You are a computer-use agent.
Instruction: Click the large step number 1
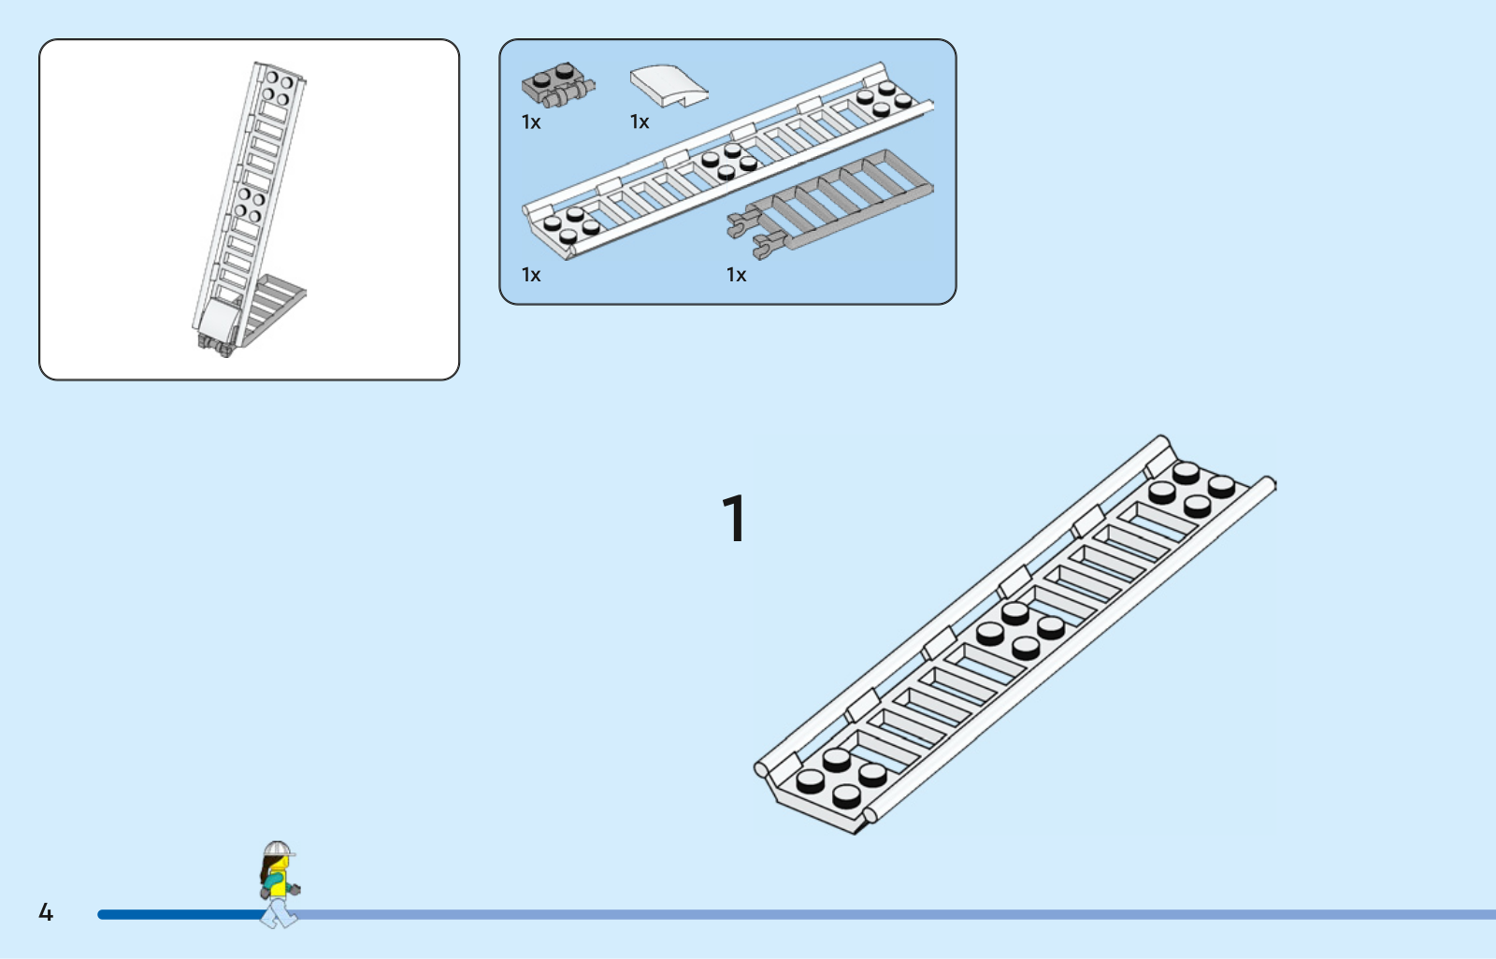pos(735,518)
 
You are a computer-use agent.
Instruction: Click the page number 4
pos(46,911)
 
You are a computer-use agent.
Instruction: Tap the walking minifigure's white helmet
pos(279,849)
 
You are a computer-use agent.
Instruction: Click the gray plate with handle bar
pos(558,85)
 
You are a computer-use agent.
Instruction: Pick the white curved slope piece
pos(669,85)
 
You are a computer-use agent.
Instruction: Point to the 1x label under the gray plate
pos(531,122)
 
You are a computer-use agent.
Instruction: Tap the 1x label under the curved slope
pos(640,122)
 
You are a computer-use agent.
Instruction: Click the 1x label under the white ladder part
pos(531,275)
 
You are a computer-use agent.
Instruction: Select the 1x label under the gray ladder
pos(736,275)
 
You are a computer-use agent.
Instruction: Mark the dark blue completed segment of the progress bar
pos(183,914)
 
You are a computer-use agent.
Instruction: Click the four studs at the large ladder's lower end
pos(841,778)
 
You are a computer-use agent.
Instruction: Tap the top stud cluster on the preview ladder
pos(278,88)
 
